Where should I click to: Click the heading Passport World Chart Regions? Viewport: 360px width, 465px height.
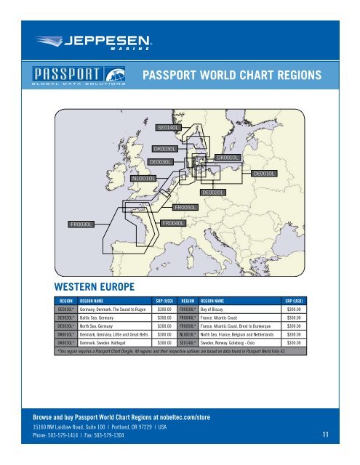coord(231,76)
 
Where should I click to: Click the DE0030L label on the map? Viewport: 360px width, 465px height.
coord(160,161)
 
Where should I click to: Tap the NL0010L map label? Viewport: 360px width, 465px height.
coord(143,177)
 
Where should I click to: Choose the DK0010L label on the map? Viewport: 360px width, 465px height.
coord(228,157)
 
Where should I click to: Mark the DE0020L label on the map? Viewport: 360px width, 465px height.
coord(213,192)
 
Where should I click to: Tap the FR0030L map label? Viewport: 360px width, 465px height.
coord(81,225)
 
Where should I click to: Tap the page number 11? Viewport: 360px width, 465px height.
coord(327,435)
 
